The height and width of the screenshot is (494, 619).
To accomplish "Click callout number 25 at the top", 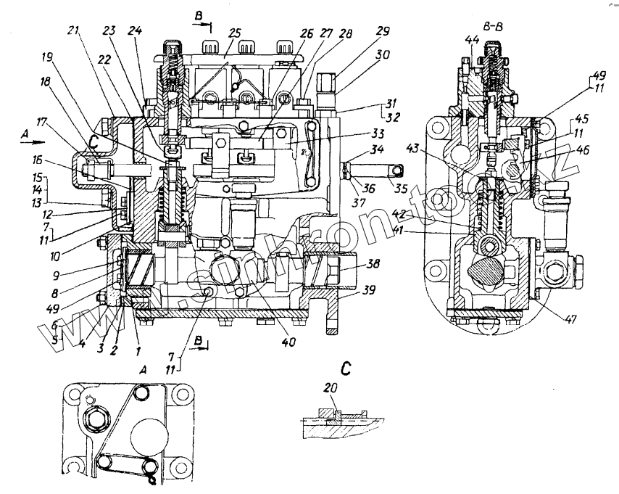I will pos(234,33).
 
